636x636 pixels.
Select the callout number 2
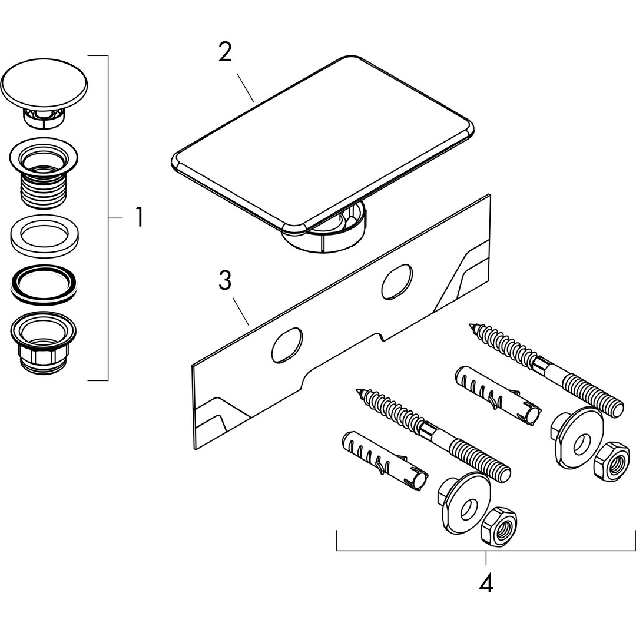pos(225,53)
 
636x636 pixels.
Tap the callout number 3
pos(224,280)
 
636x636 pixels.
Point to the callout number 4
pos(485,582)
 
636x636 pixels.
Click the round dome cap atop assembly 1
pos(44,85)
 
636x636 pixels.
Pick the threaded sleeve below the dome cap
pos(44,173)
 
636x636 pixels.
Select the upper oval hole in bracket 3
pos(397,282)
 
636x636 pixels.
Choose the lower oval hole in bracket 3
pos(287,346)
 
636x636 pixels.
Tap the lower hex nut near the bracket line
pos(498,525)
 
